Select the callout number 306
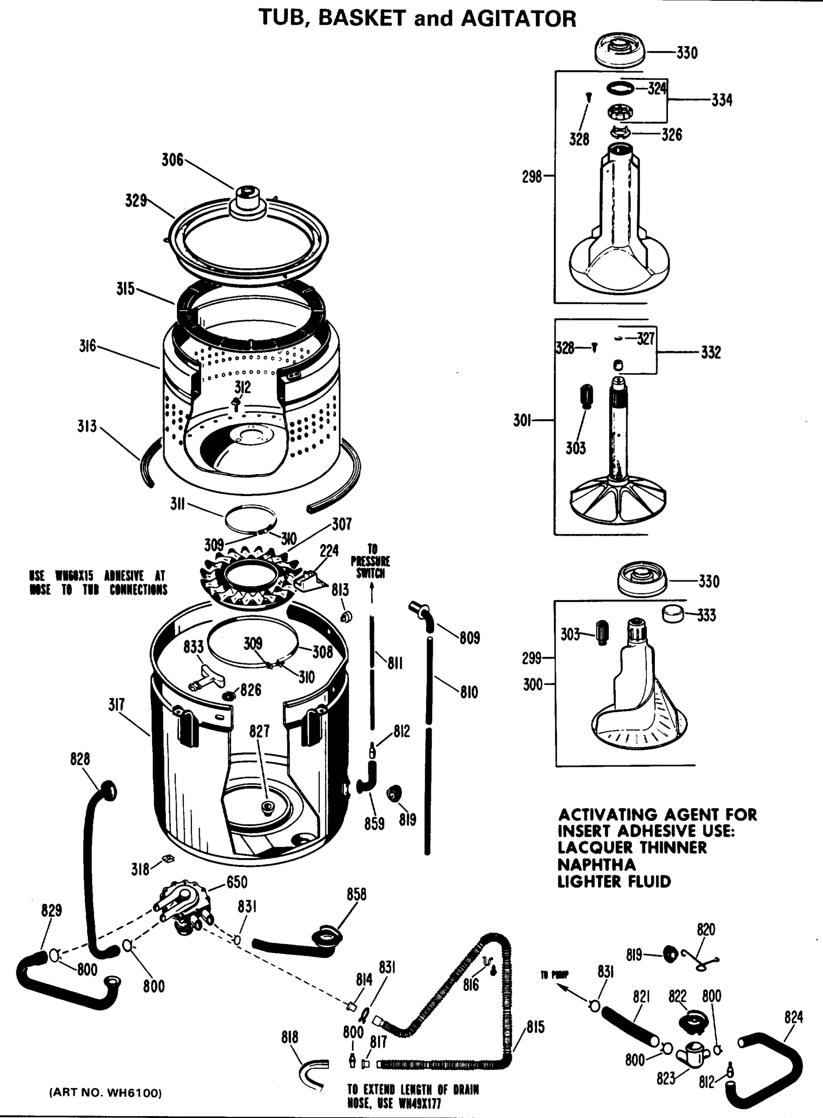pos(172,160)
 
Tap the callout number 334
pos(721,101)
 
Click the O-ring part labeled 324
pos(620,88)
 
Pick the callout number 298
pos(531,177)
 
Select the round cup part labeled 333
pos(673,614)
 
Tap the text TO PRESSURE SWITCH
pos(371,561)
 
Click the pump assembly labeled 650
pos(184,907)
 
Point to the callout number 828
pos(80,759)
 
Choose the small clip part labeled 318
pos(167,858)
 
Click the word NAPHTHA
pos(596,864)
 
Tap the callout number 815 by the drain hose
pos(535,1027)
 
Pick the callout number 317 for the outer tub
pos(116,705)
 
